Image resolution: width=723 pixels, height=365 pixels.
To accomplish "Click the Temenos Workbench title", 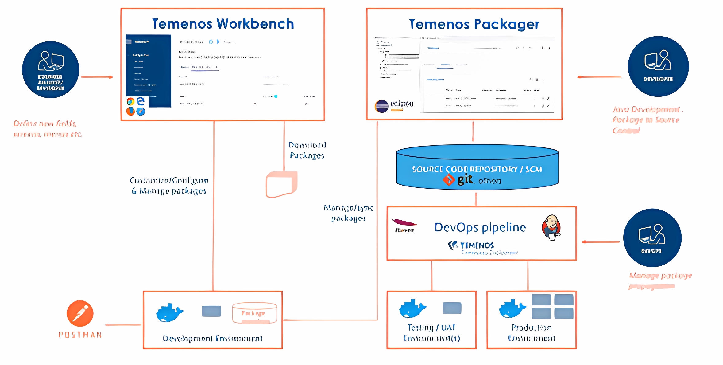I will click(223, 24).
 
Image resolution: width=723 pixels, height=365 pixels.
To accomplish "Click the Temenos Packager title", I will click(474, 25).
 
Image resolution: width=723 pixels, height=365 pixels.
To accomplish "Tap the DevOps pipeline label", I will click(480, 227).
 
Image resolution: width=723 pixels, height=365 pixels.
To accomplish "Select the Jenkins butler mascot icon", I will click(551, 227).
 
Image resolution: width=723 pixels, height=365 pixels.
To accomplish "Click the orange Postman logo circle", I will click(80, 313).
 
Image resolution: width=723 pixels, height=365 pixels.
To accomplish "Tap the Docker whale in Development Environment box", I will click(169, 312).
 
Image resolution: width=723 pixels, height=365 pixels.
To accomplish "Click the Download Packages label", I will click(307, 150).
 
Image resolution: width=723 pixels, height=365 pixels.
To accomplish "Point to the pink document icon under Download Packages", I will click(281, 184).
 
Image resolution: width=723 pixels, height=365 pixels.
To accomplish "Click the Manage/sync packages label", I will click(348, 213).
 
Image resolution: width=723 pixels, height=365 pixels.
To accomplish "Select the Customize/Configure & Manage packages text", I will click(169, 186).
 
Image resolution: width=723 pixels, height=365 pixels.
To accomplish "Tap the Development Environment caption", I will click(212, 339).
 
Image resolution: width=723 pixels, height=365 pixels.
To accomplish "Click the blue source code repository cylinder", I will click(477, 167).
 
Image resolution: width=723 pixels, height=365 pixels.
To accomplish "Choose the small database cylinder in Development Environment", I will click(255, 313).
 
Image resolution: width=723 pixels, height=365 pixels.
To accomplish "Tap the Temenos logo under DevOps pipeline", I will click(471, 245).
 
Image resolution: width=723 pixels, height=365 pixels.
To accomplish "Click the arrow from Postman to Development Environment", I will click(123, 325).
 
